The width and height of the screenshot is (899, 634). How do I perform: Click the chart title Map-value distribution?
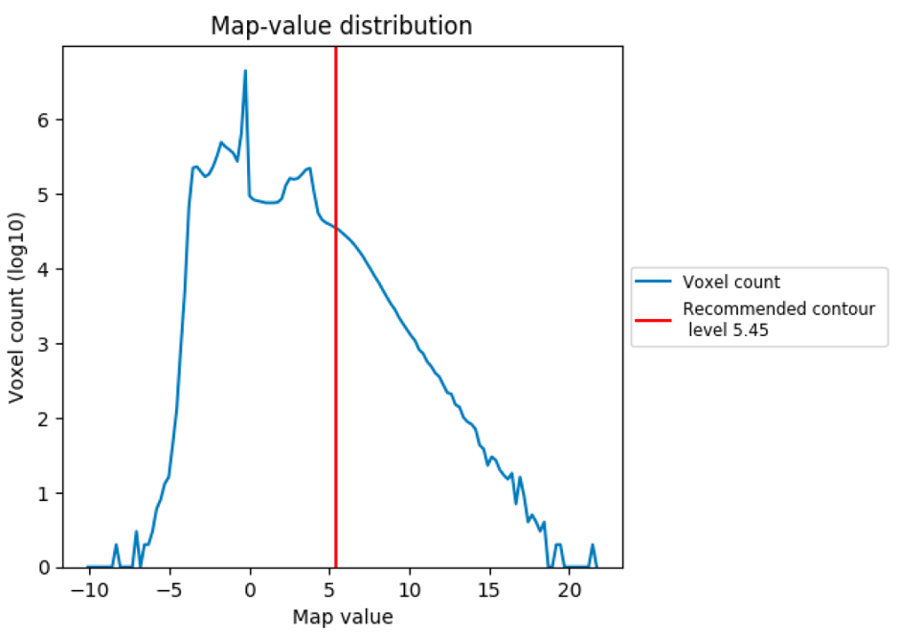(342, 26)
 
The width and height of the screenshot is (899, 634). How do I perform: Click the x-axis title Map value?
(342, 617)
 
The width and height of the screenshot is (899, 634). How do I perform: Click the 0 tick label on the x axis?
(251, 587)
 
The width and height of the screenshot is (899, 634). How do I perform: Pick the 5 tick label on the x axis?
(330, 587)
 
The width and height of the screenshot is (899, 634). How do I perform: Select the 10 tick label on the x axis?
(410, 587)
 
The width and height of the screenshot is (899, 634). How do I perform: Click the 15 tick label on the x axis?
(490, 587)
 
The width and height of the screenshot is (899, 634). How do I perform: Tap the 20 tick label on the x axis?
(570, 587)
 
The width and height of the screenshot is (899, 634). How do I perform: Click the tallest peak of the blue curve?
(245, 71)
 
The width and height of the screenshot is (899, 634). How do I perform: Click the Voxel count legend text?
(731, 283)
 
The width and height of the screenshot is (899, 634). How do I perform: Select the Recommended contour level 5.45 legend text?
(778, 319)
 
